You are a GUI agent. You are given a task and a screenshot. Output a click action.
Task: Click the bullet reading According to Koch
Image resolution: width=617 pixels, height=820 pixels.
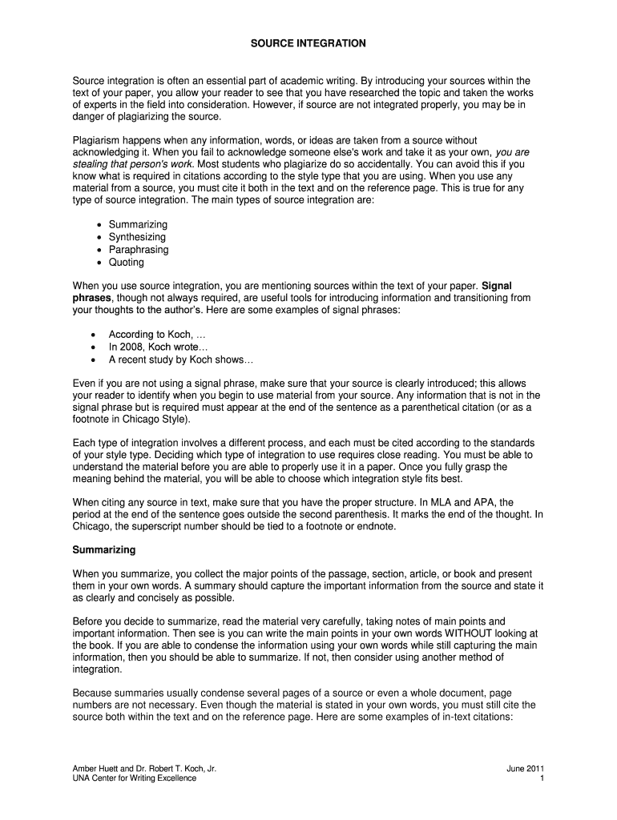tap(151, 335)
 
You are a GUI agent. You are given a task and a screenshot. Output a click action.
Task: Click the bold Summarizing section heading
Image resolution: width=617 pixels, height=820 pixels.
tap(104, 550)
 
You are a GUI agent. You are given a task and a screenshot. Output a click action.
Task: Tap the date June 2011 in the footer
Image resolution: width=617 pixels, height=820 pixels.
tap(526, 769)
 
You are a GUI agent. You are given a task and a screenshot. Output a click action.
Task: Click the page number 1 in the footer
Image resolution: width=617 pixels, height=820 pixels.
tap(542, 779)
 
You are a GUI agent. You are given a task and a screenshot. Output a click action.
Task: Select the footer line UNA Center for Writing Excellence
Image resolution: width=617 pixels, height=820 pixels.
tap(135, 779)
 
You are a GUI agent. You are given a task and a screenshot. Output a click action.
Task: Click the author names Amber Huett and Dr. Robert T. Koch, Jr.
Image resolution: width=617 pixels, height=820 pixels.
tap(144, 769)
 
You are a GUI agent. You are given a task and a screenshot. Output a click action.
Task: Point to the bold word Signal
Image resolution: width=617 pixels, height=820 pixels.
tap(496, 285)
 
